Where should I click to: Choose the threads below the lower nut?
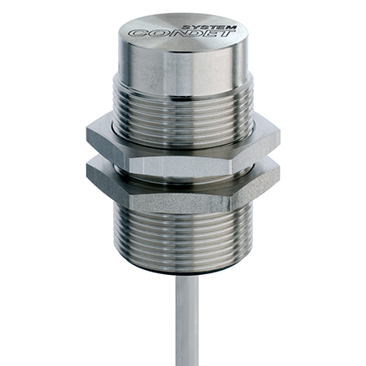click(x=183, y=240)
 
